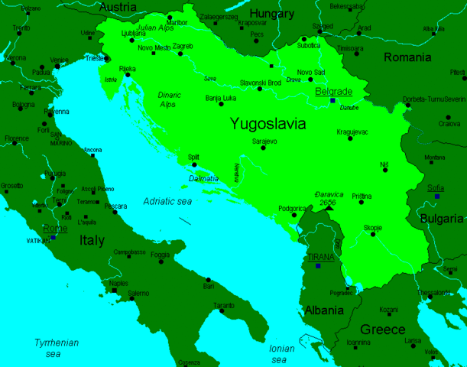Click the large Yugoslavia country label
[x=268, y=123]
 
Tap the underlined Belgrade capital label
[x=333, y=91]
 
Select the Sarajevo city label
[x=263, y=141]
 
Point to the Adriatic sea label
[x=169, y=200]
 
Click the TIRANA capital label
[x=320, y=258]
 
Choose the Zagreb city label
[x=183, y=46]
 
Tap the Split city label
[x=193, y=157]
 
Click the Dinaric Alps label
[x=169, y=99]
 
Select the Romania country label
[x=407, y=57]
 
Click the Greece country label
[x=382, y=329]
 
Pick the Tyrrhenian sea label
[x=56, y=348]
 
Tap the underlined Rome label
[x=55, y=228]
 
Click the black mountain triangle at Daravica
[x=329, y=207]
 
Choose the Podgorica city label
[x=292, y=207]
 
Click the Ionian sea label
[x=282, y=353]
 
